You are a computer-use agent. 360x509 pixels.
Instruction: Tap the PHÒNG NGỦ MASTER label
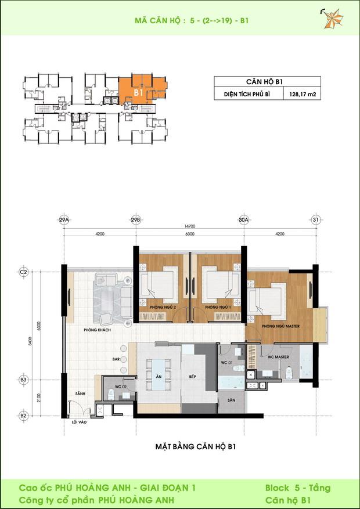coord(280,326)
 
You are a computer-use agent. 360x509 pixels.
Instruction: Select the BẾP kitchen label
coord(192,377)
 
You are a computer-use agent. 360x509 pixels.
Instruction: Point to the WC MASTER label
coord(270,357)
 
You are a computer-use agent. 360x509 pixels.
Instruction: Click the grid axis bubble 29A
coord(64,220)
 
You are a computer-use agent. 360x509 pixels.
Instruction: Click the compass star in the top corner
coord(333,19)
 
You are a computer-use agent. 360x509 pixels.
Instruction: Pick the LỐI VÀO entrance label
coord(78,422)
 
